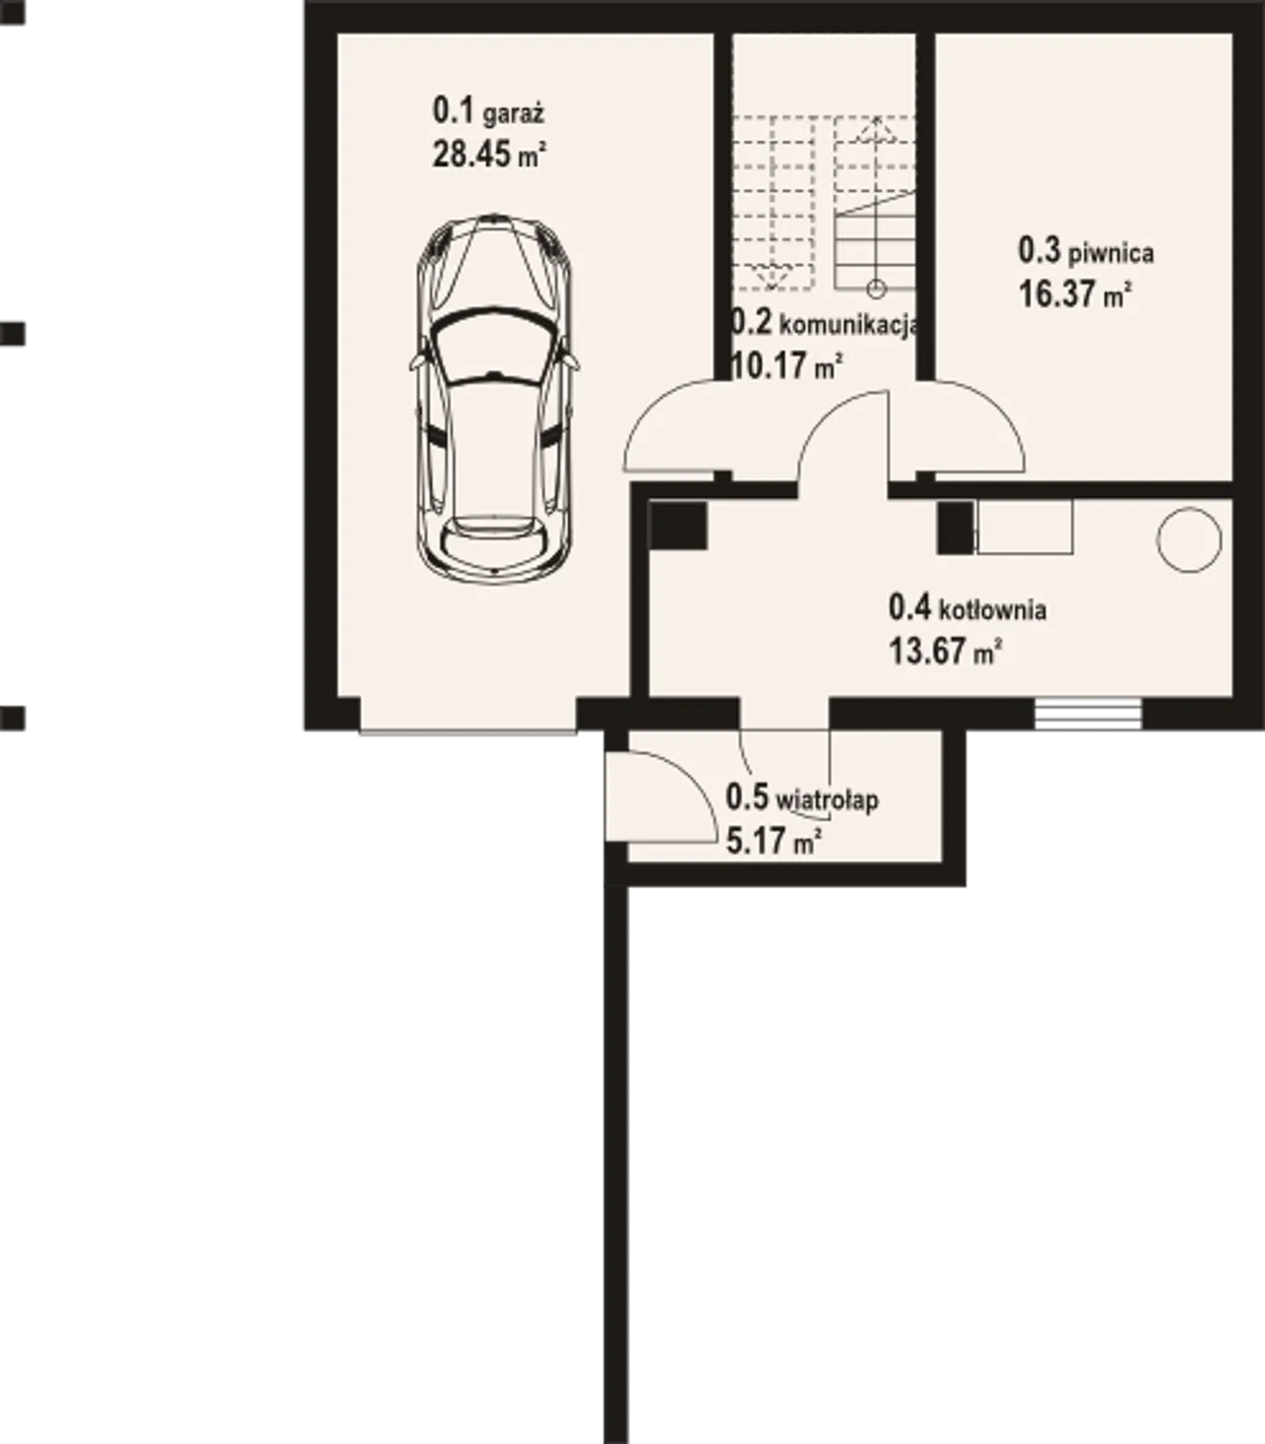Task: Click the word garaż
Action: [x=514, y=115]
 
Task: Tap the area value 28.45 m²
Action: [x=489, y=154]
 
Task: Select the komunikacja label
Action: [x=849, y=326]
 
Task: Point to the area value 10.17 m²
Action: [x=788, y=367]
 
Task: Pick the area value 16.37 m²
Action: [x=1075, y=294]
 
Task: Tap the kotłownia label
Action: [x=993, y=610]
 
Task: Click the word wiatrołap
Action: [x=827, y=801]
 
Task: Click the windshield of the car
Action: [x=494, y=347]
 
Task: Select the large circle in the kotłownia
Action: [x=1189, y=540]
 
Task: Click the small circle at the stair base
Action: [x=877, y=289]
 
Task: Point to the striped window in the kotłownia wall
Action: [x=1087, y=714]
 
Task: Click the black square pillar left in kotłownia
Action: [x=678, y=525]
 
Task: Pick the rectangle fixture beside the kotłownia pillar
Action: [x=1025, y=527]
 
